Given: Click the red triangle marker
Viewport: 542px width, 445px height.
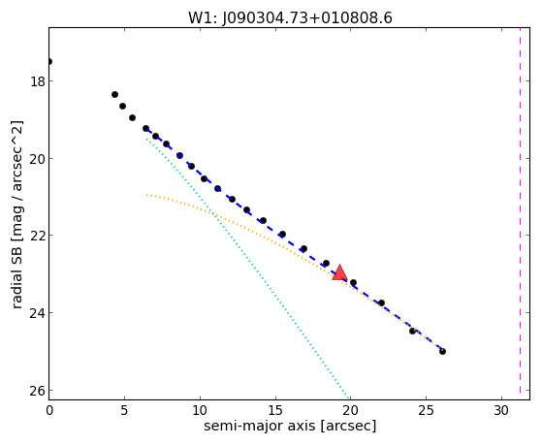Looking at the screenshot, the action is [x=339, y=272].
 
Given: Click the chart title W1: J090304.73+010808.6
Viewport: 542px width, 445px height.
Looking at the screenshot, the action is [x=290, y=18].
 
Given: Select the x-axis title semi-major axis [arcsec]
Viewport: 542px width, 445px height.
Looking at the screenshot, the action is [x=290, y=426].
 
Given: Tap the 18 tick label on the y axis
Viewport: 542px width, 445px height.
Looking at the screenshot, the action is [x=38, y=81].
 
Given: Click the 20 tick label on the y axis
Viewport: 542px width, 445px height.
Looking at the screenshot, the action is [x=38, y=159].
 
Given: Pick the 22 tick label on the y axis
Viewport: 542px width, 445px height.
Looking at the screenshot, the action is [x=38, y=236].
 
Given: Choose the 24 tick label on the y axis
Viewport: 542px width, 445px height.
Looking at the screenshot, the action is [x=38, y=313].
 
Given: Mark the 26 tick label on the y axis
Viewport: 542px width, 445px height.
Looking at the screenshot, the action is [x=38, y=391].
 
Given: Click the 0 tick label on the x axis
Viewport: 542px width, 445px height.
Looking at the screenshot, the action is [x=49, y=411].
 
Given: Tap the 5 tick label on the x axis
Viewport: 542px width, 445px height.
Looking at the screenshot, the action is [x=124, y=411].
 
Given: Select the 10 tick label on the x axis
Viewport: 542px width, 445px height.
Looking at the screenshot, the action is [x=200, y=411].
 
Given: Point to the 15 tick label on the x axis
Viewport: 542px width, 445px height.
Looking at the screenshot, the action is [x=275, y=411].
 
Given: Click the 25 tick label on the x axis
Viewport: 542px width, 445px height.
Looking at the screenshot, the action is [x=426, y=411].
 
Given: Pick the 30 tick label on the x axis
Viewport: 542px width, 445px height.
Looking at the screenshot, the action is [x=501, y=411].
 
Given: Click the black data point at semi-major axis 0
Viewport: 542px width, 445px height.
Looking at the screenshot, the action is [x=49, y=61].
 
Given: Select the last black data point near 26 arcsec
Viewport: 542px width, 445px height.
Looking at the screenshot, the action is [x=442, y=351].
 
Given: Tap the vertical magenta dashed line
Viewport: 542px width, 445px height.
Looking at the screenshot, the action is [x=520, y=213].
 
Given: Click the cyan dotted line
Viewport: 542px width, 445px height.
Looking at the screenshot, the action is [x=247, y=267].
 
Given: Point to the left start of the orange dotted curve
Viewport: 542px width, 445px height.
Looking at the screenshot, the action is [x=146, y=195].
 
